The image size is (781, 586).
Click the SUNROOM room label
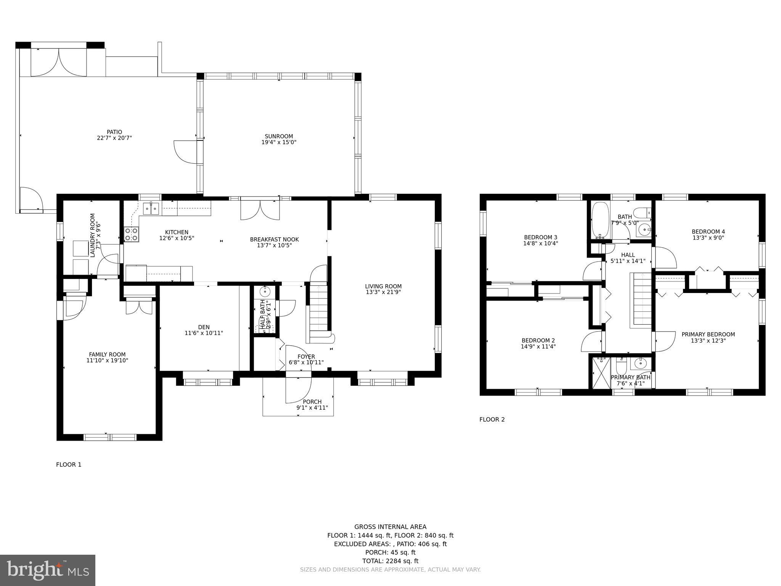pos(279,136)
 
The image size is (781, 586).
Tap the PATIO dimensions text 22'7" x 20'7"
pos(114,138)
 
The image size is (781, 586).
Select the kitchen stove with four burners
pos(132,234)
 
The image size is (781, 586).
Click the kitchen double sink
pos(151,209)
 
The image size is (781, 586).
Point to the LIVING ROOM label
pos(383,287)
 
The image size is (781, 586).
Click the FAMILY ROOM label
pos(107,354)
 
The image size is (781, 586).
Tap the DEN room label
pos(204,327)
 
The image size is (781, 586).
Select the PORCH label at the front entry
pos(312,402)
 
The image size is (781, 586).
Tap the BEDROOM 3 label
pos(540,237)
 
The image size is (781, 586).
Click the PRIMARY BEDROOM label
pos(708,335)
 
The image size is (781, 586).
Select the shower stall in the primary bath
pos(601,373)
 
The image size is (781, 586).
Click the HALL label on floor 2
pos(628,255)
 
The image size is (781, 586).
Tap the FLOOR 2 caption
pos(492,420)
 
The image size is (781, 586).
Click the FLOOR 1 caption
pos(69,465)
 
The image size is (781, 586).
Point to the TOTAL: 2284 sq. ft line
pos(390,561)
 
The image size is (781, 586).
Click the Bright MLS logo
pos(48,570)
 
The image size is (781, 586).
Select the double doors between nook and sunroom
pos(260,210)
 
